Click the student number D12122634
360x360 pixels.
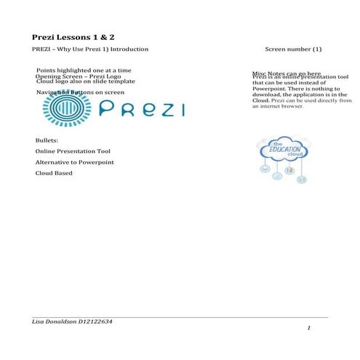(96, 321)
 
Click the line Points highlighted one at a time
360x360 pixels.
(83, 71)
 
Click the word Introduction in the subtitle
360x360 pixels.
(129, 50)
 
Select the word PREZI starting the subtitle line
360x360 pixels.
(41, 50)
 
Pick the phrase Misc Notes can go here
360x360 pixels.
(287, 73)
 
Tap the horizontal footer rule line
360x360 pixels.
(175, 317)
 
